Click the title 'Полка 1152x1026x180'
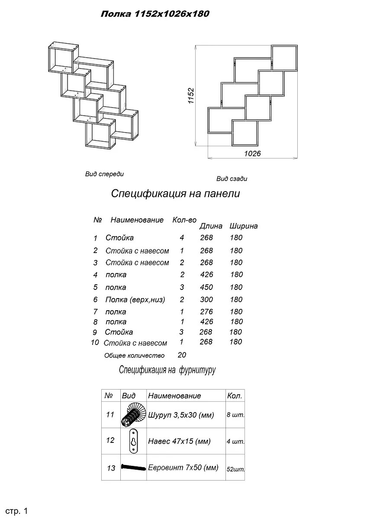[x=155, y=14]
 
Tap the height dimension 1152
[x=191, y=96]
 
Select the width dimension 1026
[x=252, y=153]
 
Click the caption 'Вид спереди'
[x=104, y=174]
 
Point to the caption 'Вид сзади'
[x=232, y=179]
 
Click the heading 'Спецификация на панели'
[x=175, y=194]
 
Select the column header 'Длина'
[x=211, y=226]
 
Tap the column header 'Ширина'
[x=244, y=226]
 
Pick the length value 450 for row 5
[x=206, y=287]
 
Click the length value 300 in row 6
[x=206, y=299]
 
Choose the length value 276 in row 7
[x=206, y=312]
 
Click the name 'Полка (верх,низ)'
[x=135, y=299]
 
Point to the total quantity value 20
[x=182, y=355]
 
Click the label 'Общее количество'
[x=134, y=356]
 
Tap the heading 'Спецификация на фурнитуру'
[x=167, y=370]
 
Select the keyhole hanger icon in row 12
[x=134, y=442]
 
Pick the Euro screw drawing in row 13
[x=134, y=468]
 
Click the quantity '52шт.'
[x=235, y=469]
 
